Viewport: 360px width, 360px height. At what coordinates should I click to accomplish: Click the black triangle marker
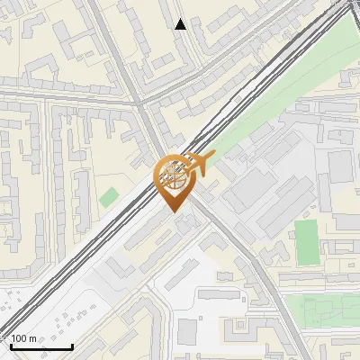pyautogui.click(x=181, y=24)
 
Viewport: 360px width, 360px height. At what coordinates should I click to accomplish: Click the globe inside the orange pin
pyautogui.click(x=173, y=179)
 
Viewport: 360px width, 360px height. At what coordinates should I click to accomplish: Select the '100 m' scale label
pyautogui.click(x=24, y=338)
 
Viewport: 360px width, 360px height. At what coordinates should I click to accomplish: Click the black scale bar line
pyautogui.click(x=40, y=346)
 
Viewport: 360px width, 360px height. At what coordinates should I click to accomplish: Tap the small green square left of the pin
pyautogui.click(x=109, y=196)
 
